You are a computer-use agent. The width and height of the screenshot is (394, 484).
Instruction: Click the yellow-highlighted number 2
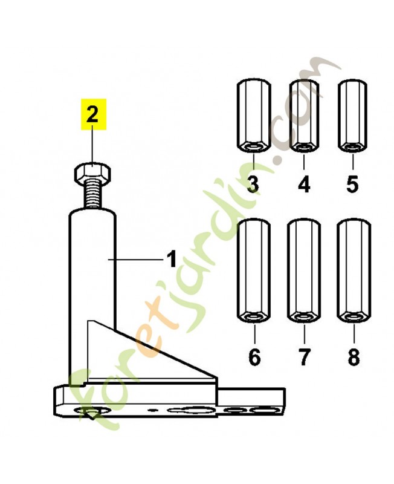tap(92, 114)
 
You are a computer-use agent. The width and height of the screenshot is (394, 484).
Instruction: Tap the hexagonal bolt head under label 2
tap(92, 172)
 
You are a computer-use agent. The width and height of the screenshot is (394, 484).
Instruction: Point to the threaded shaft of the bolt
tap(92, 195)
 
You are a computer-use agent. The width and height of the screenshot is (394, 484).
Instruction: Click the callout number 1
tap(172, 260)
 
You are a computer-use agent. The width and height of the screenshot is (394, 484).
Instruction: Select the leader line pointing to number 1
tap(135, 260)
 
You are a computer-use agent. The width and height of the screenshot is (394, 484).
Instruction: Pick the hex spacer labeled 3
tap(254, 117)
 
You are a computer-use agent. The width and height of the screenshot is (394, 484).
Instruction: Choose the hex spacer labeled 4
tap(304, 116)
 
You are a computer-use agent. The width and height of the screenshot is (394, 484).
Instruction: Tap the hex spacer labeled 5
tap(352, 116)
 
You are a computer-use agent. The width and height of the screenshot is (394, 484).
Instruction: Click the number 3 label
tap(253, 185)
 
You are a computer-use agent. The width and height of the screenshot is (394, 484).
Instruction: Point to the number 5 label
tap(352, 185)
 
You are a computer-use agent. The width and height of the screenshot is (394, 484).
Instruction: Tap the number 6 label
tap(254, 357)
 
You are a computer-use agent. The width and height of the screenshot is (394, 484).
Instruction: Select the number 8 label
tap(354, 357)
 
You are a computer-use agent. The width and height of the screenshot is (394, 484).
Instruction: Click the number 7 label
tap(304, 357)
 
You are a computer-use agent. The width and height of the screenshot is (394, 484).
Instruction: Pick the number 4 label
tap(304, 185)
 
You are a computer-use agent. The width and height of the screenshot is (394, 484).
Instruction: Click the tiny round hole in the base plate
tap(152, 410)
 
